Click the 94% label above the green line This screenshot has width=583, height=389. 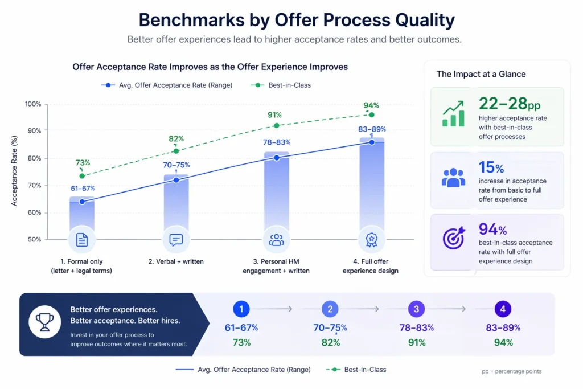coord(371,105)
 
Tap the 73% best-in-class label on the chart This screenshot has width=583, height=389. coord(83,163)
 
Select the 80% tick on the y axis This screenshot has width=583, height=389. coord(33,158)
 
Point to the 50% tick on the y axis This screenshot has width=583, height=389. coord(33,240)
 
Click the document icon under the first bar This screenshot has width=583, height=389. coord(82,240)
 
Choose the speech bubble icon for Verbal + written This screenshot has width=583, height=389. coord(176,240)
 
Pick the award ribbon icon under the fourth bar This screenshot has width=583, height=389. coord(371,240)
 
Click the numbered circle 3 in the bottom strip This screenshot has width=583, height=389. coord(416,309)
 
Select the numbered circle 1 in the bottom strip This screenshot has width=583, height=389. coord(241,309)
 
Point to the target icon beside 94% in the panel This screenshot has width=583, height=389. coord(453,238)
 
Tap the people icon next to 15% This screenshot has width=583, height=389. coord(453,177)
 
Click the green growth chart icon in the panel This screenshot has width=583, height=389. coord(453,114)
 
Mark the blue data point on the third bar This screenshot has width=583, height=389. coord(277,158)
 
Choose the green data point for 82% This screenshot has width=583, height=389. coord(176,151)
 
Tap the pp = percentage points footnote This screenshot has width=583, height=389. coord(511,371)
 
